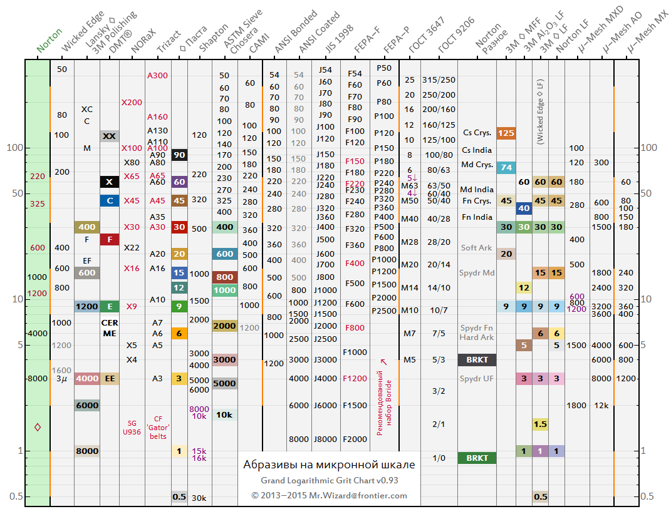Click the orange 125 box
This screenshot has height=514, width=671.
[x=506, y=133]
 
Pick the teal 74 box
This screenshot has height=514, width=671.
[x=506, y=167]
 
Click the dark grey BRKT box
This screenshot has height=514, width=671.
[x=477, y=360]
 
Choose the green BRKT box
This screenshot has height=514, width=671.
[x=477, y=458]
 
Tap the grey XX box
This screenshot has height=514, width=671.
[x=110, y=136]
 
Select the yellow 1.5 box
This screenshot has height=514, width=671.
[x=540, y=424]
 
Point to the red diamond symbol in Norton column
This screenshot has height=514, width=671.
[x=38, y=427]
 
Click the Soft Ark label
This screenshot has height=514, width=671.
[x=476, y=248]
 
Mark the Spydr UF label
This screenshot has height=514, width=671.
[x=477, y=379]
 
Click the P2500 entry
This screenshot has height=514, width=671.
[x=384, y=311]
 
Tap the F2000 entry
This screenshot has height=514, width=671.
[x=355, y=439]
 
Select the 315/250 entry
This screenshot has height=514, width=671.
[x=439, y=80]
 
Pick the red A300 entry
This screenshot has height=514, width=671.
[x=157, y=75]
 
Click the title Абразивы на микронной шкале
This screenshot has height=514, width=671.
[x=329, y=465]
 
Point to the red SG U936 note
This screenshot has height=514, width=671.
[x=132, y=427]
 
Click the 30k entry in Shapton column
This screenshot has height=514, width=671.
[x=199, y=498]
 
